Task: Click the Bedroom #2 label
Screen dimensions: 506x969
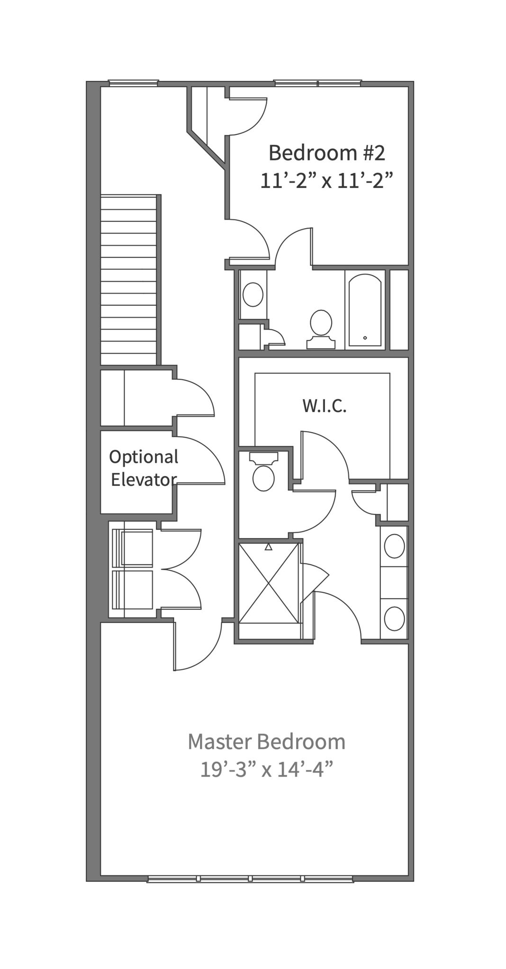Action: pyautogui.click(x=327, y=153)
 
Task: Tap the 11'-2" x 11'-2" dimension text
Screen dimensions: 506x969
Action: pyautogui.click(x=327, y=180)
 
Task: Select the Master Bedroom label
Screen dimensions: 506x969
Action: pyautogui.click(x=266, y=742)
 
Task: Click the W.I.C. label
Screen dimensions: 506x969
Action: pyautogui.click(x=325, y=405)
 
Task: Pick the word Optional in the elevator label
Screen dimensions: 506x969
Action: pyautogui.click(x=144, y=458)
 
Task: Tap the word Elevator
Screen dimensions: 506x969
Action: pyautogui.click(x=144, y=480)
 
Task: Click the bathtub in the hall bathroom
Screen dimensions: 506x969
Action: pyautogui.click(x=365, y=310)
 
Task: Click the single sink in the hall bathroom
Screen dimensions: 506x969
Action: pyautogui.click(x=253, y=295)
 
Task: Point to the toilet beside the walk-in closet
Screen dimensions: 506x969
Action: pyautogui.click(x=263, y=471)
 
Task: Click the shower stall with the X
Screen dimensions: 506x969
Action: pyautogui.click(x=269, y=583)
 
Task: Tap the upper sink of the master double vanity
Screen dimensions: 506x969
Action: pyautogui.click(x=394, y=546)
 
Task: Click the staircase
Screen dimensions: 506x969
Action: pyautogui.click(x=128, y=280)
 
